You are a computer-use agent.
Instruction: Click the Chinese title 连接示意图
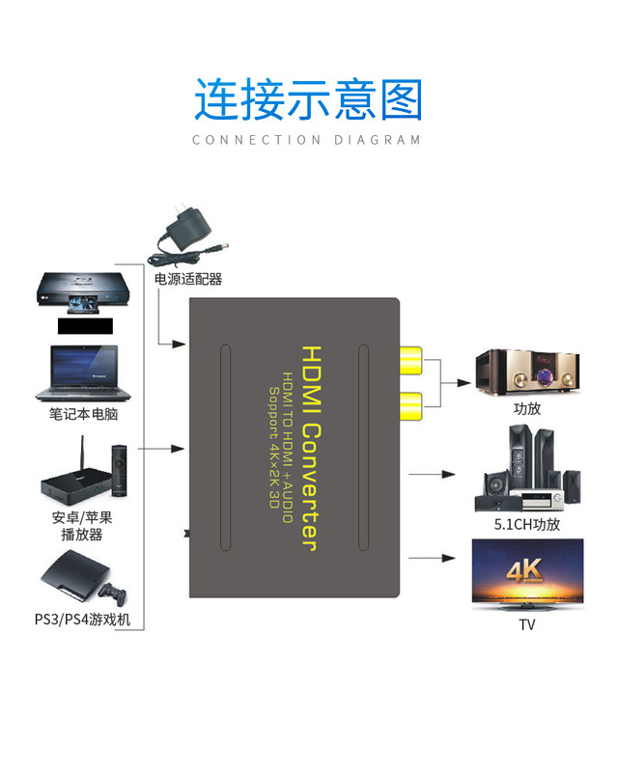[x=308, y=99]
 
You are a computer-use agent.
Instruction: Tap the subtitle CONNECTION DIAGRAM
[x=307, y=140]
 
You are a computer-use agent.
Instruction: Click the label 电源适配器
[x=188, y=279]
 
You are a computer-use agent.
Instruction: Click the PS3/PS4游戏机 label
[x=82, y=619]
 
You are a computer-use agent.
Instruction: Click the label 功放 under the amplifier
[x=527, y=408]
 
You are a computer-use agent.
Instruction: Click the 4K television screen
[x=527, y=573]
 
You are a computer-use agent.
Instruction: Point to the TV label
[x=527, y=624]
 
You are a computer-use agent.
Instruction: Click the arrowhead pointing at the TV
[x=448, y=558]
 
